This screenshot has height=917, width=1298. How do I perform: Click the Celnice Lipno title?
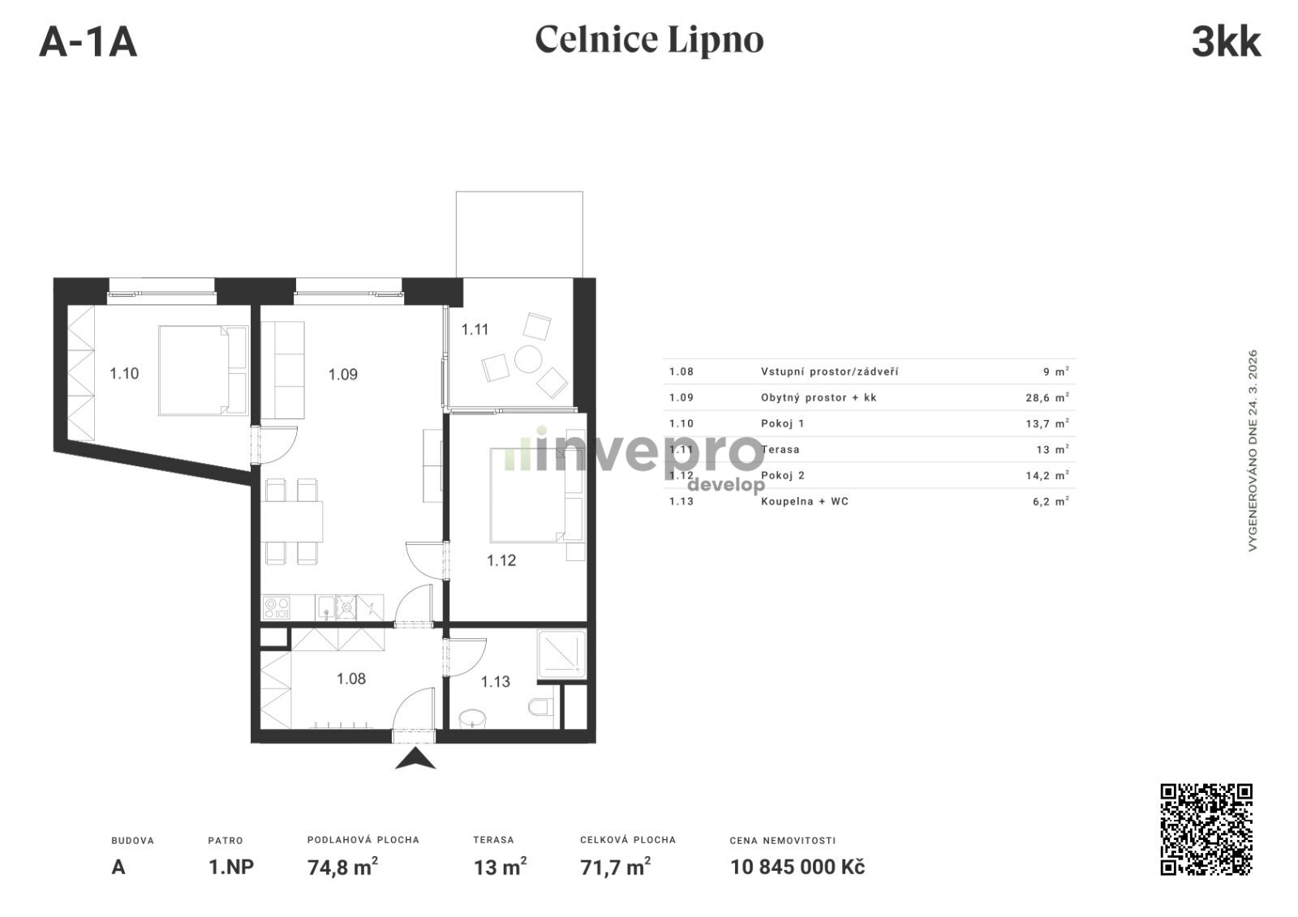649,40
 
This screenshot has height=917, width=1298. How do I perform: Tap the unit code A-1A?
88,42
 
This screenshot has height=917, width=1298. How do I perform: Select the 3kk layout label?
1226,42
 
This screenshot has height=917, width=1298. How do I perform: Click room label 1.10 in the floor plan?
125,374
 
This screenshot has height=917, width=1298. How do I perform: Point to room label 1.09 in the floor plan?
343,375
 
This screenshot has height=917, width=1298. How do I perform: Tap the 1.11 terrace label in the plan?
475,330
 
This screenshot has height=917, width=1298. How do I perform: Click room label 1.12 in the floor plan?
501,560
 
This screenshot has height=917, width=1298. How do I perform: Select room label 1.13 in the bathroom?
496,682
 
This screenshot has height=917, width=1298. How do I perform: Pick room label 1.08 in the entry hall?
351,679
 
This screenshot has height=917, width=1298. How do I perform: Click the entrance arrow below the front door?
415,760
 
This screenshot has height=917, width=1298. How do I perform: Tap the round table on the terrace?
528,359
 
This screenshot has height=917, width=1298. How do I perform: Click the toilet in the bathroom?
541,707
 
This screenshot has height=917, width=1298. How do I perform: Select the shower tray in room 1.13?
561,654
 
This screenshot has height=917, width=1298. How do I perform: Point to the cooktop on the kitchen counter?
277,607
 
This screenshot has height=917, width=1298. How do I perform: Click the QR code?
1206,829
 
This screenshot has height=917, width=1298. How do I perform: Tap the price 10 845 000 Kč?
797,868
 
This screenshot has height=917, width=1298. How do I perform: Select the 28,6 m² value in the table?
1047,397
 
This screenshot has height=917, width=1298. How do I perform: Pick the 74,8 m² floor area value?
342,867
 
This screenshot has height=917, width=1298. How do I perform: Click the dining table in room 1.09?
292,521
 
